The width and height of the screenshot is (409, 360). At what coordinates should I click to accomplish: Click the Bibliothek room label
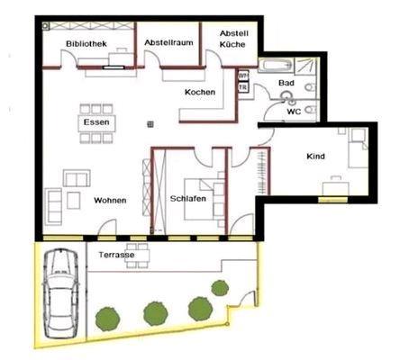tap(86, 43)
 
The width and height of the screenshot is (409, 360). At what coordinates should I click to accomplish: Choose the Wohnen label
tap(109, 200)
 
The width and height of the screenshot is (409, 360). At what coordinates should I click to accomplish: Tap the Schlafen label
tap(187, 198)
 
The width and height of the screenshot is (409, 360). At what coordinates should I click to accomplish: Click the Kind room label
tap(315, 157)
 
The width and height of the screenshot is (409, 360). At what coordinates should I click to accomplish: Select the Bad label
tap(286, 83)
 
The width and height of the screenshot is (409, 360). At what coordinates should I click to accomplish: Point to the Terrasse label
tap(117, 256)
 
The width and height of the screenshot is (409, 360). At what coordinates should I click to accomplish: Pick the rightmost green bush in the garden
tap(220, 288)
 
